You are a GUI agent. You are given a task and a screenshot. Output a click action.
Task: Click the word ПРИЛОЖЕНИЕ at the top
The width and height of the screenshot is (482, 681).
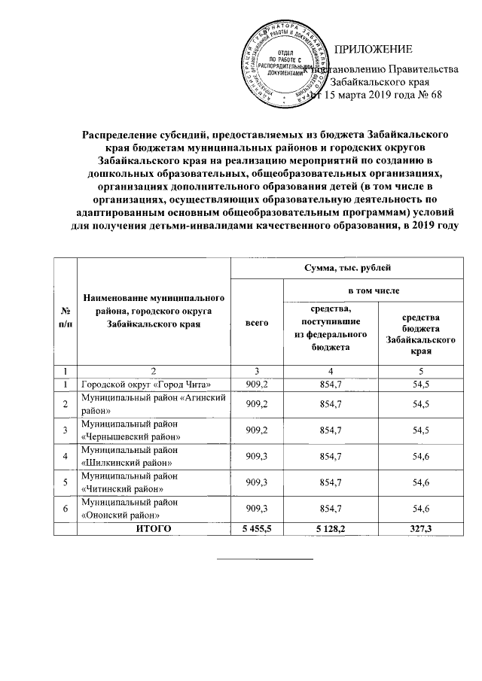[x=374, y=50]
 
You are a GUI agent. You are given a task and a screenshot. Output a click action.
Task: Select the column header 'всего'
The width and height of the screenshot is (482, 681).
[x=257, y=322]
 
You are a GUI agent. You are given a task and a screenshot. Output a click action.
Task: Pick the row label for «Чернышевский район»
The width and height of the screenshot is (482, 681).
[x=131, y=430]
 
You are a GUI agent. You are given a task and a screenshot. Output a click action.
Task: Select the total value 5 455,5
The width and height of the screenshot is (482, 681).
[x=257, y=529]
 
